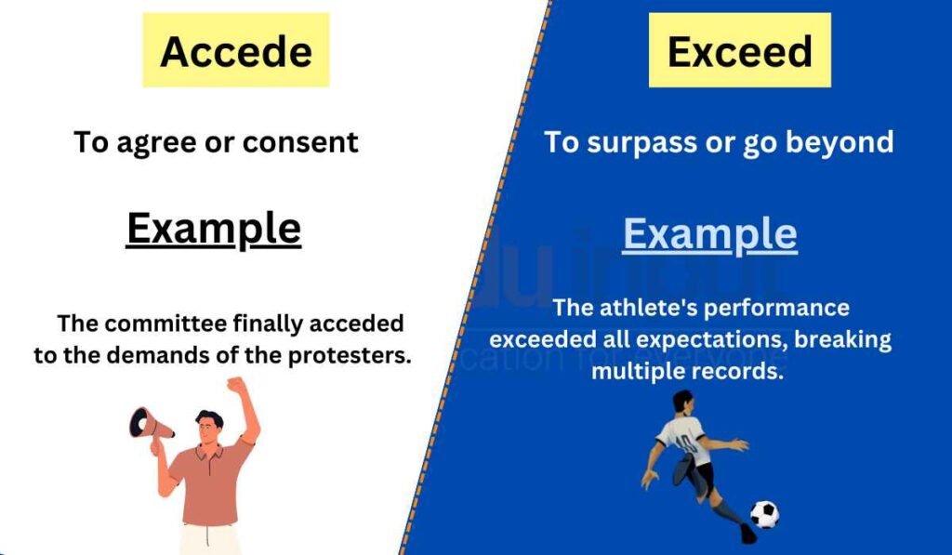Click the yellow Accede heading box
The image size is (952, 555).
[x=235, y=51]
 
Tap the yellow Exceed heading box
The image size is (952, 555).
[x=739, y=51]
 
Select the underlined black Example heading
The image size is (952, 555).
[x=214, y=229]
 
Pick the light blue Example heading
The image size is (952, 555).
[x=709, y=233]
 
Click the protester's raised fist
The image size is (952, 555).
[x=237, y=385]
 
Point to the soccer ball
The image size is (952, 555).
[x=764, y=514]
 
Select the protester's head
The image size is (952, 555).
[x=210, y=429]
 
